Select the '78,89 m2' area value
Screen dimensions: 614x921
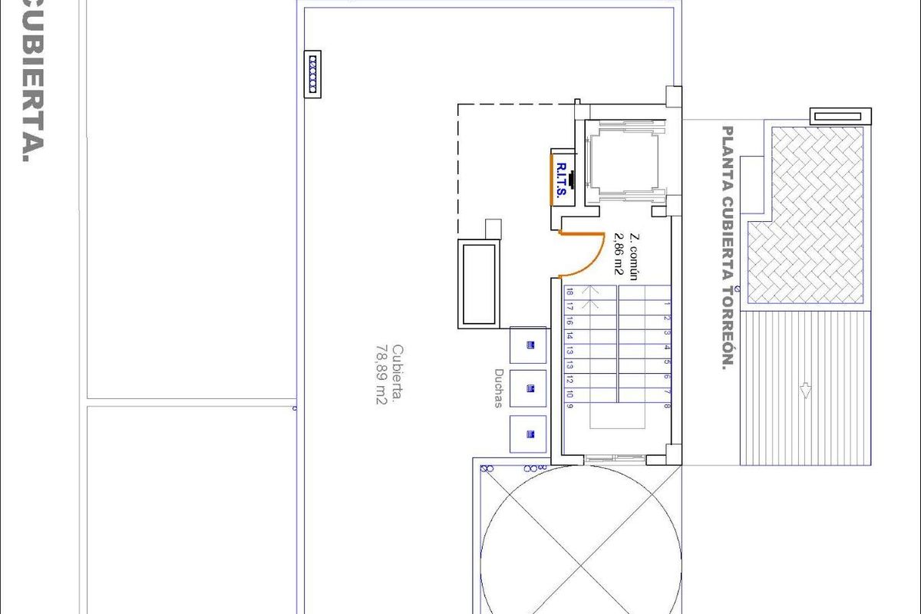point(379,375)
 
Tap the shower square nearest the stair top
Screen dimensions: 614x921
point(528,345)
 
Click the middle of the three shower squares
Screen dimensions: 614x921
point(528,389)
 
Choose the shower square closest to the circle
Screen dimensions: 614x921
point(528,434)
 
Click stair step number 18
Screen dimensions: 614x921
point(569,292)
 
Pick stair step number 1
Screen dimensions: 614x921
point(668,304)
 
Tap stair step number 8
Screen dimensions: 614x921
point(668,406)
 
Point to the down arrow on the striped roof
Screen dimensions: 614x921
point(805,391)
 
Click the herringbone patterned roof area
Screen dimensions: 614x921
point(814,215)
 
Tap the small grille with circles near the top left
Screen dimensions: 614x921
point(312,74)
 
